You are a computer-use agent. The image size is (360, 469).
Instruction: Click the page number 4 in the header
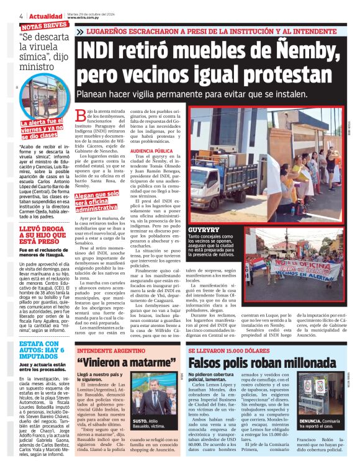tap(22, 16)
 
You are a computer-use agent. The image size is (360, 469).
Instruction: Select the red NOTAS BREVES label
tap(44, 25)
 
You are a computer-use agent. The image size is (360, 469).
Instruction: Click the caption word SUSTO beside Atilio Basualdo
tap(140, 421)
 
